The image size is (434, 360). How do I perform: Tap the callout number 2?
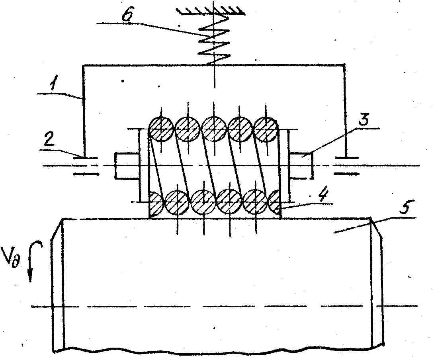click(49, 141)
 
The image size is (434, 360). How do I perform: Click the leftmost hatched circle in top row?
click(161, 129)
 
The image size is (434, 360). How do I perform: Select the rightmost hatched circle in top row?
click(266, 129)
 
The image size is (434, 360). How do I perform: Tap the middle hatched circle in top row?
click(214, 129)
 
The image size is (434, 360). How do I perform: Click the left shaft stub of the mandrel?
click(126, 166)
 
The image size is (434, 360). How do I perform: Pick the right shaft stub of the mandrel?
click(301, 166)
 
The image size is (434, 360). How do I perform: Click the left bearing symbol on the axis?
click(86, 166)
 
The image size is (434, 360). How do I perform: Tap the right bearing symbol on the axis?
click(346, 166)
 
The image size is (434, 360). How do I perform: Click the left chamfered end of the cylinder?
click(58, 285)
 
